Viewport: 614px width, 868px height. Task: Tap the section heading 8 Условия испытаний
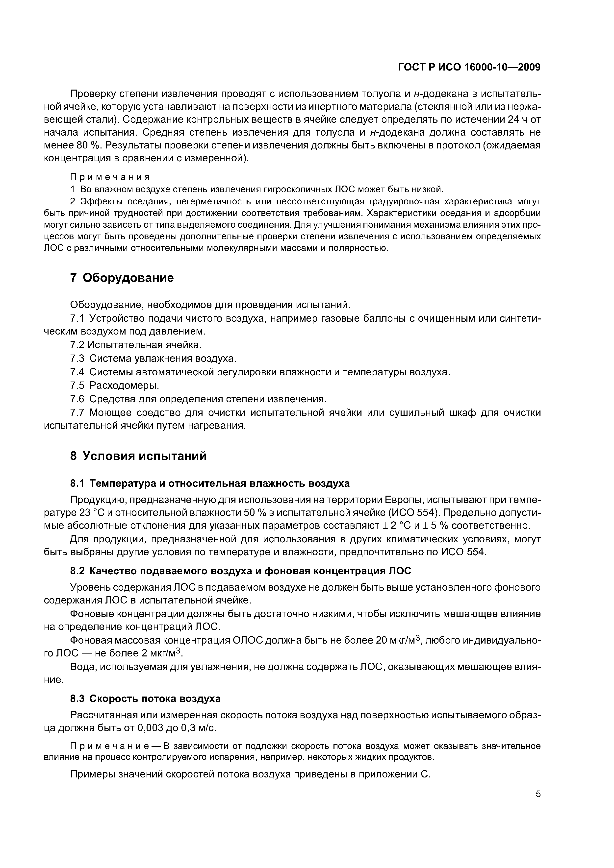(x=138, y=456)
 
